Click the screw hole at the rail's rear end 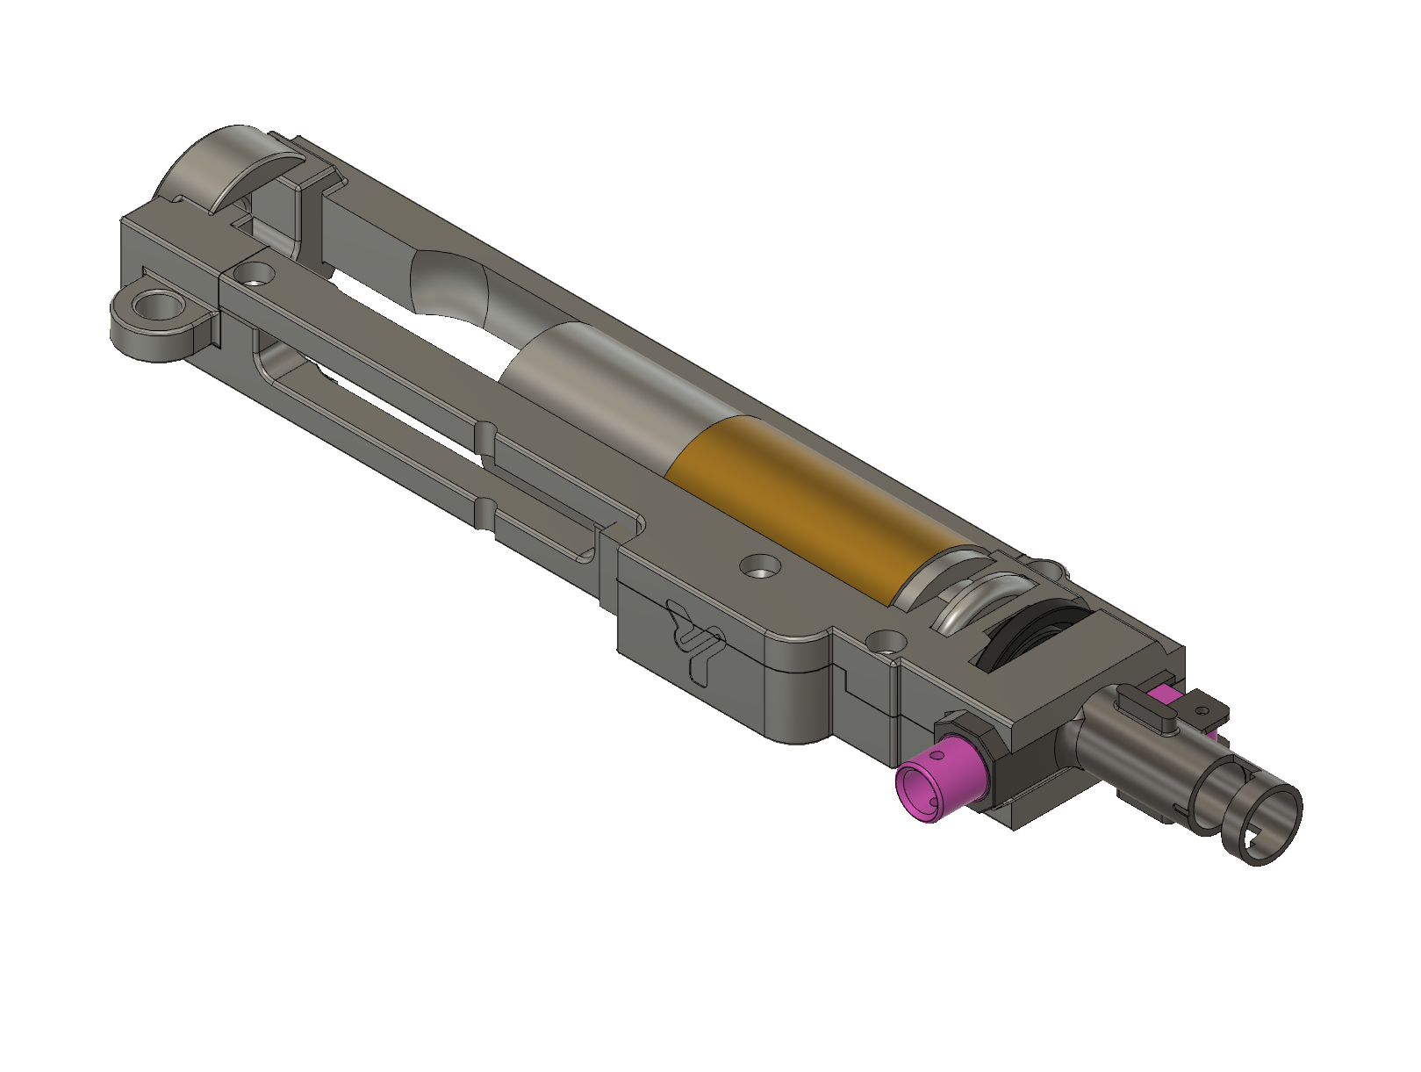(255, 274)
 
